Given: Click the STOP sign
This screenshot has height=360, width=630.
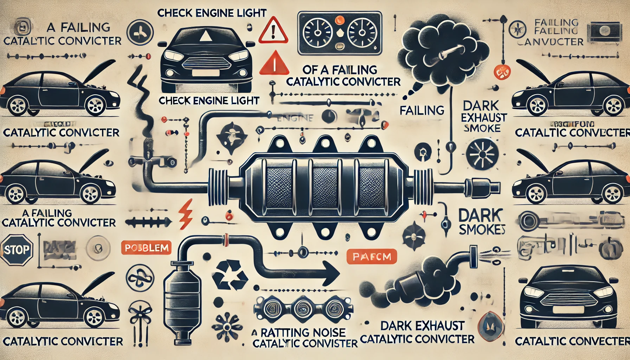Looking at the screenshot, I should (x=16, y=250).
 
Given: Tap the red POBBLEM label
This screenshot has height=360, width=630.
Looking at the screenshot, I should (x=147, y=248).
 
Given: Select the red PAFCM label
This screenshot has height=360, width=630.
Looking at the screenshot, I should (x=371, y=257).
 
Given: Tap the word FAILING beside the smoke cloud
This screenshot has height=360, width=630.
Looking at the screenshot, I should (x=422, y=110).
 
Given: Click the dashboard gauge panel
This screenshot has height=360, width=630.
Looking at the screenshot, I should (x=339, y=33).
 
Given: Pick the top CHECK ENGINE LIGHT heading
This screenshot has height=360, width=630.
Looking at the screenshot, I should (x=212, y=13).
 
